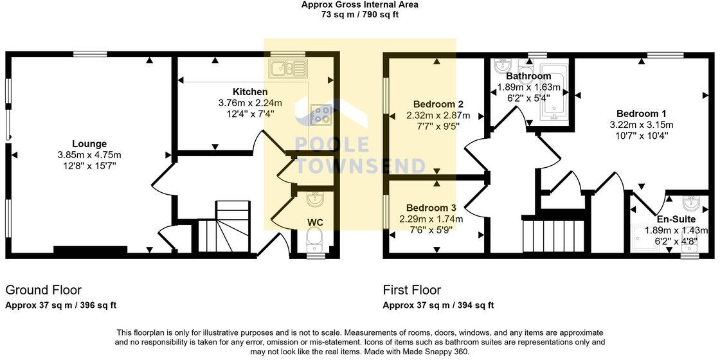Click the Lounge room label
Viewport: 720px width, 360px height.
[x=89, y=143]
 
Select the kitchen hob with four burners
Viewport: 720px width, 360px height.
[x=320, y=114]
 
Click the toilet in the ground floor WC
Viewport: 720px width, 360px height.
[x=315, y=242]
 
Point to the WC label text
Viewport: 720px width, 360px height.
[x=315, y=222]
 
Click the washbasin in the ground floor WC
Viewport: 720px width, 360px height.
[x=316, y=201]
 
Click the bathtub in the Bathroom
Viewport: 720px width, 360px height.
[x=552, y=93]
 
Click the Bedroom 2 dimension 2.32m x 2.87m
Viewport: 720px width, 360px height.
[x=438, y=116]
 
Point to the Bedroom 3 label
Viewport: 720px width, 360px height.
[x=431, y=208]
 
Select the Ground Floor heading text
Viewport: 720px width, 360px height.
[x=44, y=290]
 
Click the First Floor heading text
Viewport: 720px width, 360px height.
[x=412, y=290]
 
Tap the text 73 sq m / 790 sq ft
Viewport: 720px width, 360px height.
[x=360, y=14]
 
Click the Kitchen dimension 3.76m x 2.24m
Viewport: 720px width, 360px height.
[x=250, y=103]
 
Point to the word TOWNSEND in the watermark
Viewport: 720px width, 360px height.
[x=360, y=166]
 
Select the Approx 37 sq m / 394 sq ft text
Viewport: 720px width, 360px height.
[x=438, y=305]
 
